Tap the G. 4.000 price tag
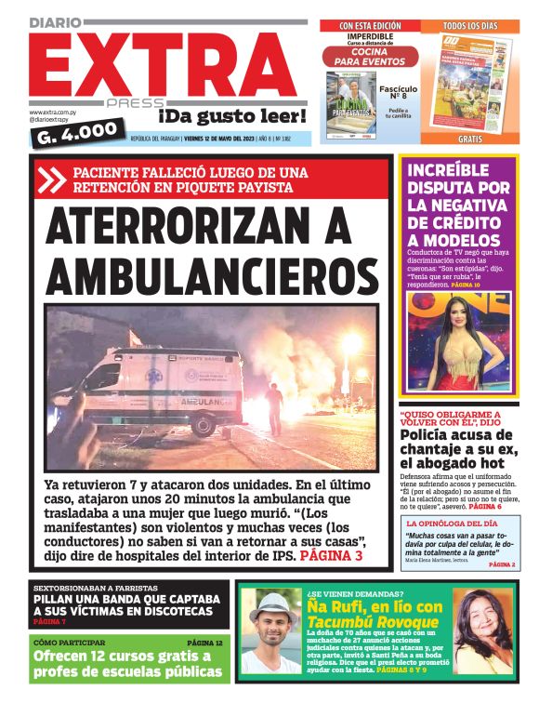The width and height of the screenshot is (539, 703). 73,136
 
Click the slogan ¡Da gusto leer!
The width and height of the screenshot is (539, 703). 231,115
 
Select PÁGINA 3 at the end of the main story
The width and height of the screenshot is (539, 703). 331,556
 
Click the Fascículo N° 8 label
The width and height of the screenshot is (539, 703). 398,92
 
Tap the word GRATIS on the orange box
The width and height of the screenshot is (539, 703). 470,139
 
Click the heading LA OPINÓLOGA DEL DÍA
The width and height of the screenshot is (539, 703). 454,524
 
